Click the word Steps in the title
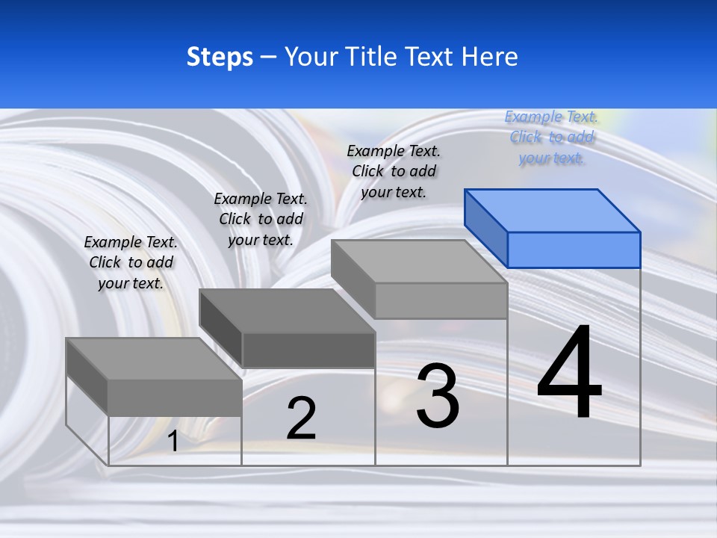coord(220,57)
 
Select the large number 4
coord(569,371)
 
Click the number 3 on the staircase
coord(438,395)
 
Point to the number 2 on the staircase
coord(301,418)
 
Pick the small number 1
coord(173,442)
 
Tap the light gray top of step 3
coord(419,261)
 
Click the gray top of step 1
coord(154,359)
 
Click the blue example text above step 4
coord(551,137)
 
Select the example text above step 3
coord(394,171)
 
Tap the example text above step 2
coord(261,219)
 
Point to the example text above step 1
coord(131,262)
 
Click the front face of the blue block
coord(574,250)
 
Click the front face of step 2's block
coord(308,350)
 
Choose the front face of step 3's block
coord(441,300)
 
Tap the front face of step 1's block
coord(175,398)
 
